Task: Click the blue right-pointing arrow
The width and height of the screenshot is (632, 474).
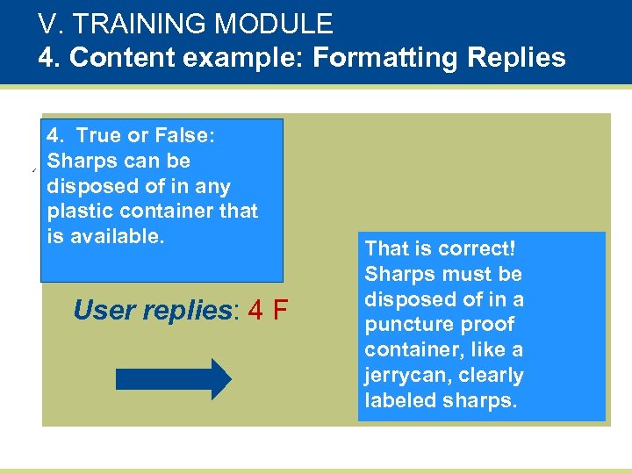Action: pyautogui.click(x=174, y=379)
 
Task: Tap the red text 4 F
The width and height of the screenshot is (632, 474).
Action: pyautogui.click(x=269, y=311)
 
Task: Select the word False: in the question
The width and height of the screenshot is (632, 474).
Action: pyautogui.click(x=185, y=136)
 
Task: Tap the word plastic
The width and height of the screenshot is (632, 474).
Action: pyautogui.click(x=78, y=212)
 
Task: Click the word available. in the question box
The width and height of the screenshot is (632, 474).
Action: pyautogui.click(x=118, y=237)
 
